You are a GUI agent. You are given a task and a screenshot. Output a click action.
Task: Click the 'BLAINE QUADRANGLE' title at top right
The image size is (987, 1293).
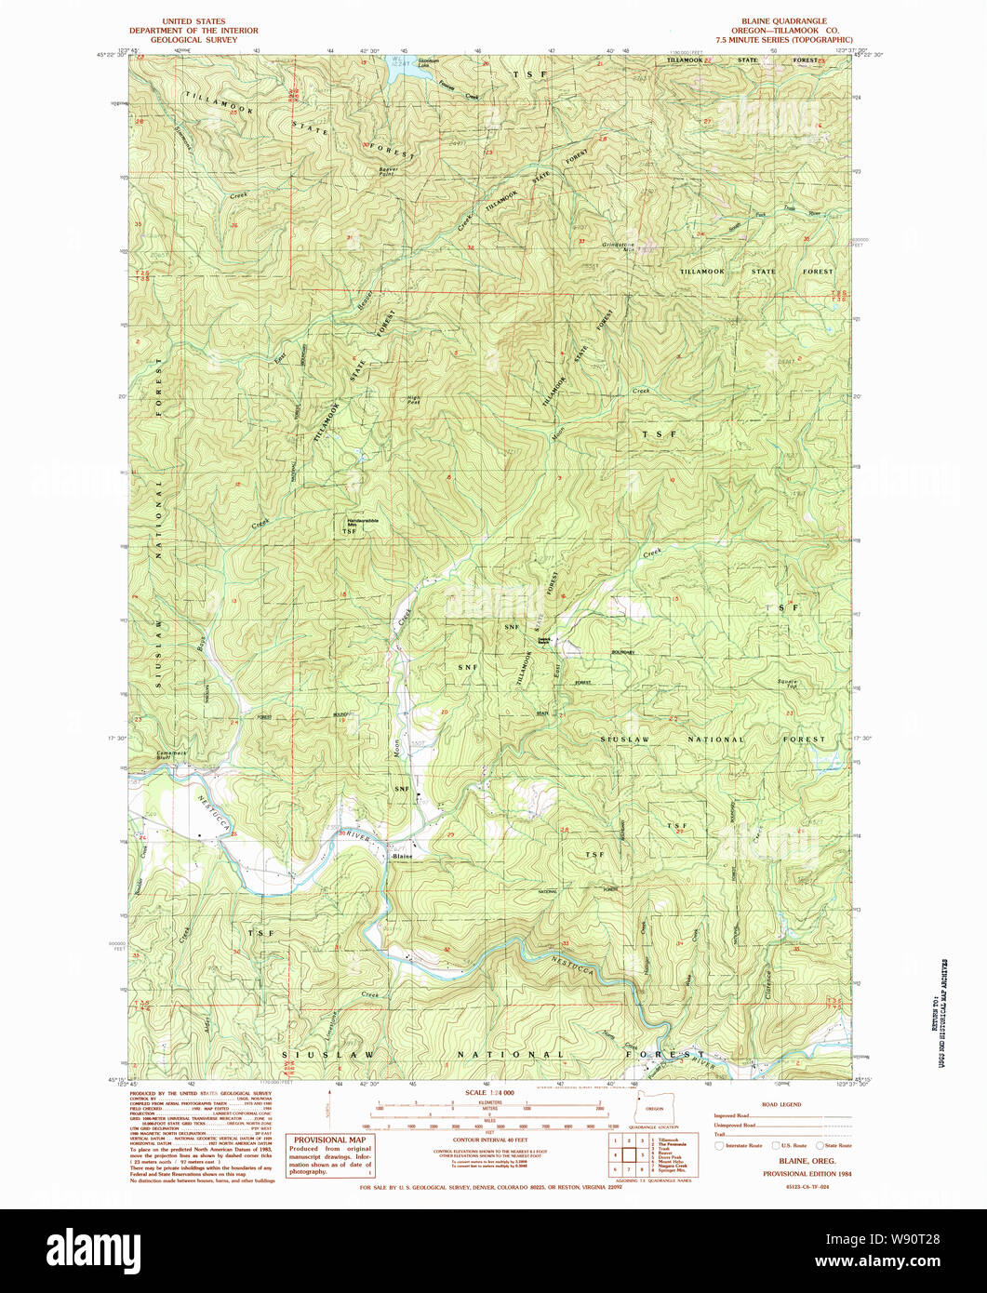(x=783, y=20)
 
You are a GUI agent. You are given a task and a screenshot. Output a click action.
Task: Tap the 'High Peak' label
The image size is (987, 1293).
(x=414, y=401)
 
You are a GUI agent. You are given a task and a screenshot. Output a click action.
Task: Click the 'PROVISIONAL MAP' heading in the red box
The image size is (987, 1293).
(x=330, y=1140)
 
